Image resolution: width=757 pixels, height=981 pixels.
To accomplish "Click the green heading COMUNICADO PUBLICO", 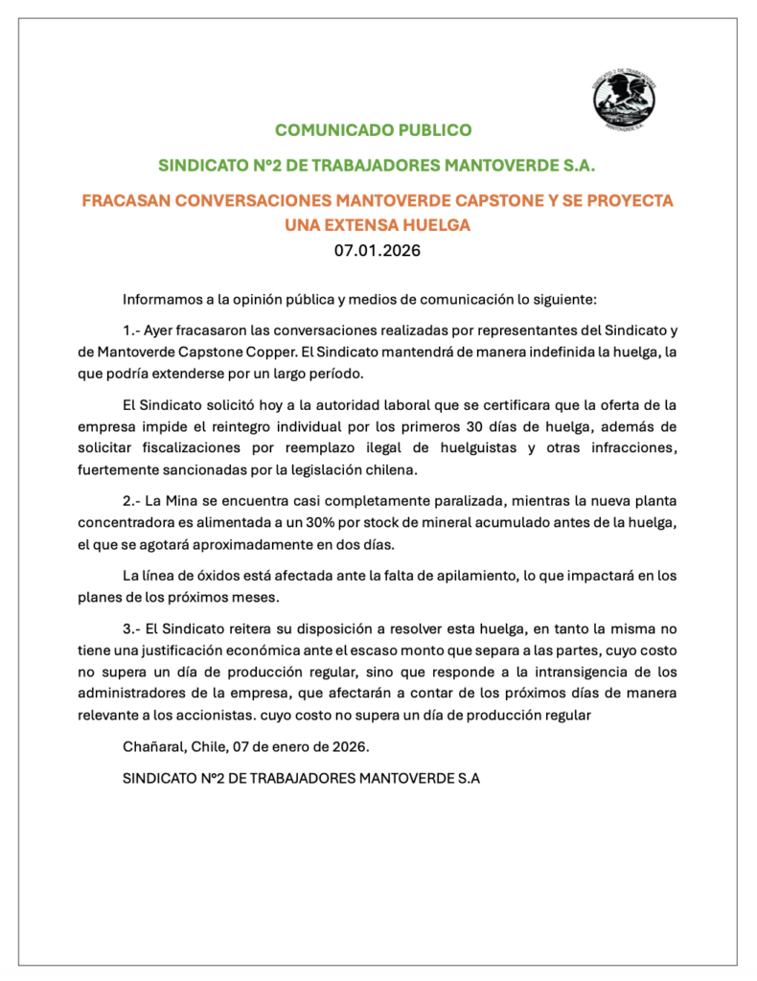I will point(373,129).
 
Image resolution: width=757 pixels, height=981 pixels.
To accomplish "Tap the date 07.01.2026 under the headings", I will point(377,252).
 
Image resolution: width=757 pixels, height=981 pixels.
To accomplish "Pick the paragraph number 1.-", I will point(132,331).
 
